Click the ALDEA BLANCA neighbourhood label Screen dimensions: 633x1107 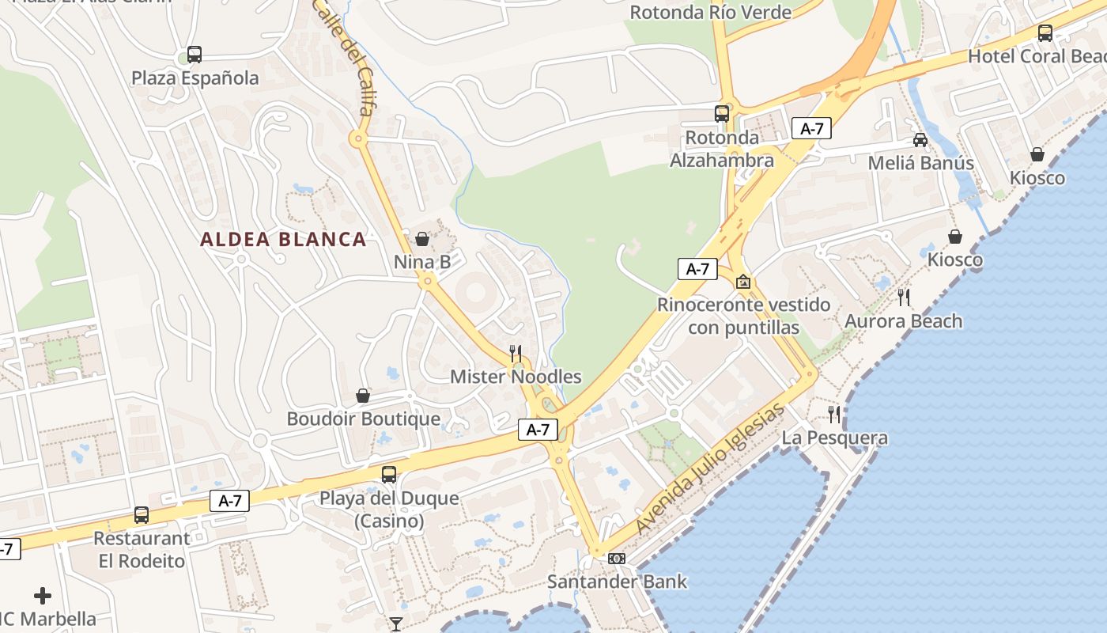283,239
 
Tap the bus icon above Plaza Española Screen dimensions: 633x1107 195,55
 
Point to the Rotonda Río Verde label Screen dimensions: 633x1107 710,13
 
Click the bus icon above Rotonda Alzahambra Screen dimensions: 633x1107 722,113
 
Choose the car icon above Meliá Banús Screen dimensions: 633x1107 920,140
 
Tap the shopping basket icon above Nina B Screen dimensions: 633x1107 422,238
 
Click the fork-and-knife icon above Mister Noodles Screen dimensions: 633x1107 516,353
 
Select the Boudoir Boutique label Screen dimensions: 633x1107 363,419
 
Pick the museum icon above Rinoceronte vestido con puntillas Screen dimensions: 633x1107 743,281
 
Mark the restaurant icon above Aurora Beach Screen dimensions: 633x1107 904,298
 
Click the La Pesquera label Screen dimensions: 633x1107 835,438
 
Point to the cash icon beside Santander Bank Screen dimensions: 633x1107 617,559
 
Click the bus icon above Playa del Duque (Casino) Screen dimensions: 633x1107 389,475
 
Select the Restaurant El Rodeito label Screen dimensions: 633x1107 142,550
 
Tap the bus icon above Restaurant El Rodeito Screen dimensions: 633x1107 142,515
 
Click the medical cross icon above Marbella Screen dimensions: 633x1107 43,596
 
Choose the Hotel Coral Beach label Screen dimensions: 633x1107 1036,56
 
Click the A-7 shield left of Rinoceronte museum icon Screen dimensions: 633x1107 697,269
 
